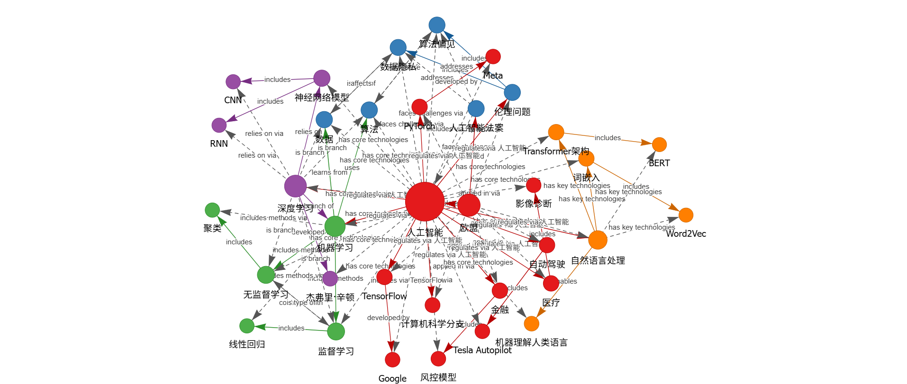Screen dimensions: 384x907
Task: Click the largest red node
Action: pyautogui.click(x=425, y=201)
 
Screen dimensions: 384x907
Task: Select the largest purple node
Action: pyautogui.click(x=295, y=186)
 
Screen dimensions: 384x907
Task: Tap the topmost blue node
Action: pyautogui.click(x=436, y=25)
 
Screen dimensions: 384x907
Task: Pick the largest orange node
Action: pyautogui.click(x=598, y=240)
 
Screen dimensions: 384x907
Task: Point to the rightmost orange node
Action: pyautogui.click(x=686, y=215)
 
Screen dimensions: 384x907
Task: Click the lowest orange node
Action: pyautogui.click(x=531, y=323)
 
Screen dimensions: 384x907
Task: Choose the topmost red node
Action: pyautogui.click(x=493, y=56)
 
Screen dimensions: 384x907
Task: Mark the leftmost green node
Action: pyautogui.click(x=212, y=210)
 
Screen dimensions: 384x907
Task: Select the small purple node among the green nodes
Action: pyautogui.click(x=330, y=278)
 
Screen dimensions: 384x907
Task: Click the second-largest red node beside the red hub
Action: pyautogui.click(x=469, y=205)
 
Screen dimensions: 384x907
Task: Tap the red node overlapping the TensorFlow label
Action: pyautogui.click(x=384, y=277)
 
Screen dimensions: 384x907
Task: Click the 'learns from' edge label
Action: pyautogui.click(x=329, y=172)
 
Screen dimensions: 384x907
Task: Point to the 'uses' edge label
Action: pyautogui.click(x=352, y=168)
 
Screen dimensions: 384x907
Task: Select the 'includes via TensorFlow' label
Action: pyautogui.click(x=411, y=280)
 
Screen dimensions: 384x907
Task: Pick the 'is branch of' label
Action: pyautogui.click(x=316, y=206)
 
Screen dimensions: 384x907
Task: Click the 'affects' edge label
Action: pyautogui.click(x=361, y=83)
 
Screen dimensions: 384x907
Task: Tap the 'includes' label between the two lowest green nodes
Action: pyautogui.click(x=291, y=328)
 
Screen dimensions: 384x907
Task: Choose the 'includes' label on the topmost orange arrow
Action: pyautogui.click(x=607, y=138)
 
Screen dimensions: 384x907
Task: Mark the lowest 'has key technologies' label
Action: pyautogui.click(x=642, y=227)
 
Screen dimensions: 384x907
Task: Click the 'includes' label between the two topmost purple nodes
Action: pyautogui.click(x=277, y=80)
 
